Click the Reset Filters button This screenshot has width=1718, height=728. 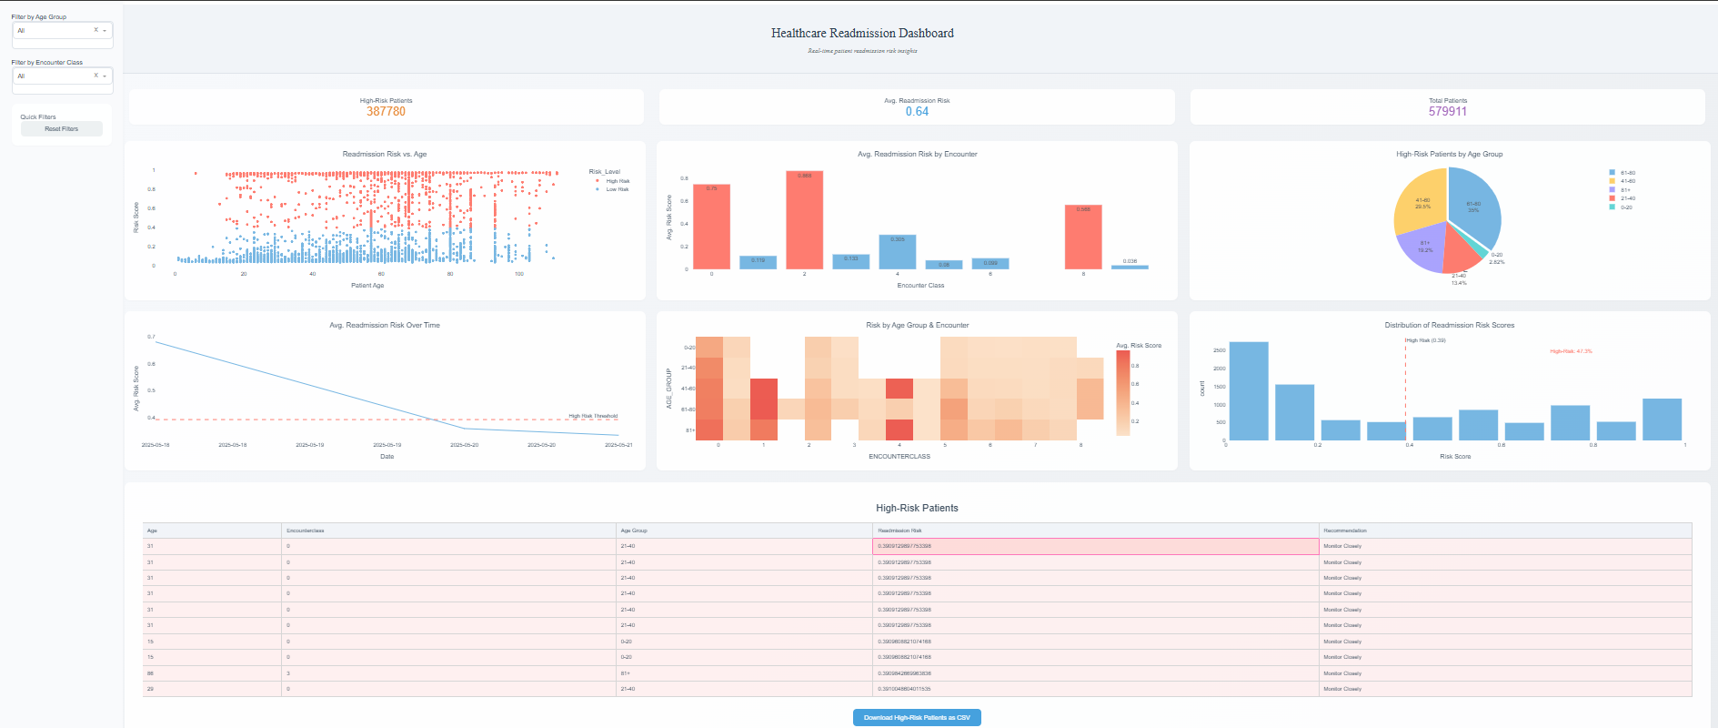(61, 129)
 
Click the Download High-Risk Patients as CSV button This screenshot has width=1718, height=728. (917, 717)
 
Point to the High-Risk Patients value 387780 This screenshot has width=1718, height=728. (386, 111)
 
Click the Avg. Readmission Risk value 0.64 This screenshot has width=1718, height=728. (917, 111)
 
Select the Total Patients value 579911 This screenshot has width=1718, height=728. (1447, 111)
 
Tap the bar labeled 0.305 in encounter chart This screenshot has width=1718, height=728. (897, 252)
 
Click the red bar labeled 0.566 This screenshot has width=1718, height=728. (1083, 237)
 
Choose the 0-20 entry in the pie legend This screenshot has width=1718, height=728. (1625, 207)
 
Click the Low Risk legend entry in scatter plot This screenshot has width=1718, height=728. (617, 189)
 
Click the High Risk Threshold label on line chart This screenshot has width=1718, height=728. (593, 416)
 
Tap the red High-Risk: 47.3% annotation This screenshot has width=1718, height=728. (1571, 351)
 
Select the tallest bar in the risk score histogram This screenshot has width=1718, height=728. (1248, 391)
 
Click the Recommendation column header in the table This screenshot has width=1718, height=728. (1344, 531)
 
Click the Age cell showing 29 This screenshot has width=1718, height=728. (151, 689)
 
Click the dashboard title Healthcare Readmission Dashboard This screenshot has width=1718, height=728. (862, 34)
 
